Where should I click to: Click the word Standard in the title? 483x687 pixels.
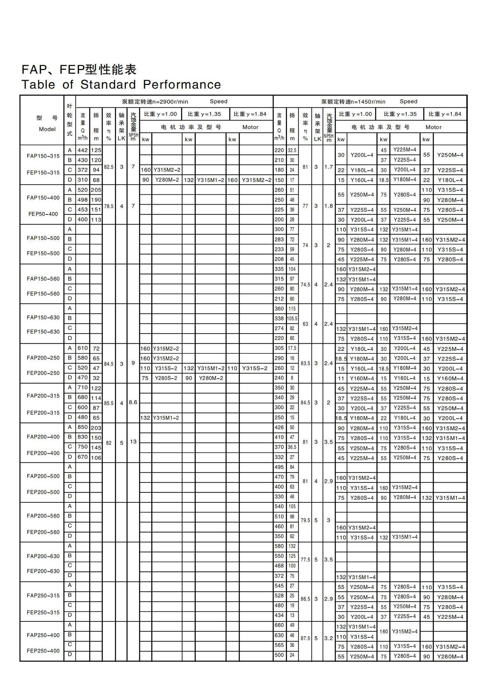point(108,85)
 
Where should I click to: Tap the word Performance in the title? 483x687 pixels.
point(182,85)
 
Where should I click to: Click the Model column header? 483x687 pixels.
point(47,129)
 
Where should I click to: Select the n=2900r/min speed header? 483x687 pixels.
point(155,102)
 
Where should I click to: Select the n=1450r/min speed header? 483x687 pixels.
point(353,102)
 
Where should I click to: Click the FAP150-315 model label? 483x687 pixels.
point(43,156)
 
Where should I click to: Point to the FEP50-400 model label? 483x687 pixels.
point(43,214)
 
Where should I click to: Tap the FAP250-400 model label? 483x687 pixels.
point(43,635)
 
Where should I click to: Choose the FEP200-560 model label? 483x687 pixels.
point(43,532)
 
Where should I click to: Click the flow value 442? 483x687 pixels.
point(83,150)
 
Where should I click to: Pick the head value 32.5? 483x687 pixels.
point(292,150)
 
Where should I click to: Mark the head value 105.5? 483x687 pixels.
point(292,318)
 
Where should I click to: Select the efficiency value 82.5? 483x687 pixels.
point(109,167)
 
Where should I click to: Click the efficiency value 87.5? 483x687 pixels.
point(305,638)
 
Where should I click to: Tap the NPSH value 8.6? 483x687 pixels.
point(133,403)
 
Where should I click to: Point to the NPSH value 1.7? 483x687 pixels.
point(328,167)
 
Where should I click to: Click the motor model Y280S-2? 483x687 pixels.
point(166,378)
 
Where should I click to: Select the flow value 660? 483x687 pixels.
point(279,625)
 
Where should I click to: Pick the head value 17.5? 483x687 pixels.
point(292,348)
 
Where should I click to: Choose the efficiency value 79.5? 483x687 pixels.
point(305,520)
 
